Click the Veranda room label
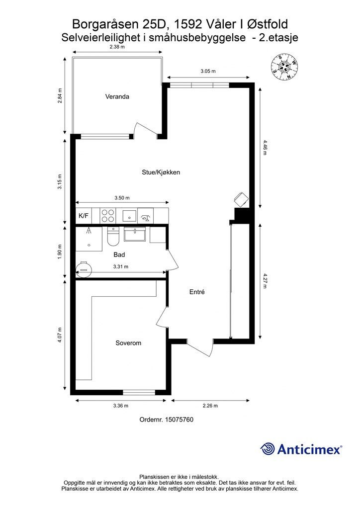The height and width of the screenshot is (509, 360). pos(117,96)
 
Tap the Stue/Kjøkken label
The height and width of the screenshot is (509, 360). pos(161,172)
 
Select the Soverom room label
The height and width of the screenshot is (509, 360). pos(128,343)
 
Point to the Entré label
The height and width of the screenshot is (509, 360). pos(197,292)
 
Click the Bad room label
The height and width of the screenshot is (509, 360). pos(119,254)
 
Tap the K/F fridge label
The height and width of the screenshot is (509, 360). pos(84,216)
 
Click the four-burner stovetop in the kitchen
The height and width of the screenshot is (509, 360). pos(107,216)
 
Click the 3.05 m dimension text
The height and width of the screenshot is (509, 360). pos(208,72)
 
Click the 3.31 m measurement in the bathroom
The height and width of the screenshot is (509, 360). pos(121,266)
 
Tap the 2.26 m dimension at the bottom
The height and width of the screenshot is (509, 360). pos(210,406)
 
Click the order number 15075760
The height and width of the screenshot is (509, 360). pos(166,420)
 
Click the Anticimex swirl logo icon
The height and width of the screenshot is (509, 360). pos(268,449)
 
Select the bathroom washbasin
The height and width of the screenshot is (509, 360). pos(134,234)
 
